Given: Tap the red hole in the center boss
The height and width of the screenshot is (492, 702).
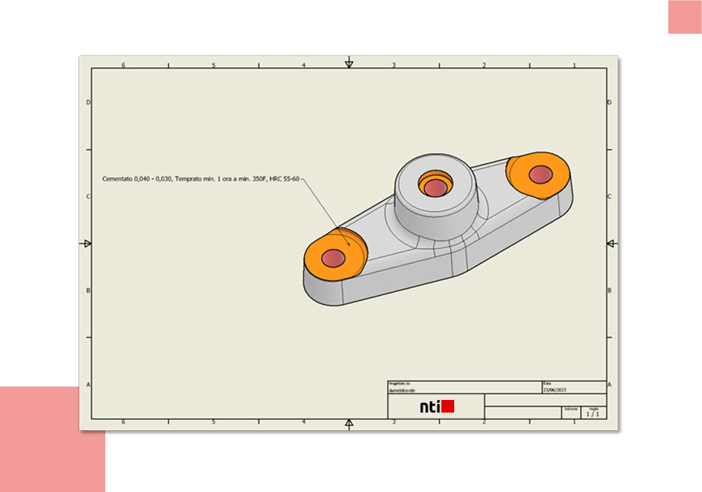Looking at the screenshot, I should point(435,187).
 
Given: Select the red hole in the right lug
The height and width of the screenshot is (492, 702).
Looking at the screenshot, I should point(541,174).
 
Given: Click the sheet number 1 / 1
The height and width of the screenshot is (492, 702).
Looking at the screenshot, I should point(593,415).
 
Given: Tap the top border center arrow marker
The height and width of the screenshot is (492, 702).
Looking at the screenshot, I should point(349,64).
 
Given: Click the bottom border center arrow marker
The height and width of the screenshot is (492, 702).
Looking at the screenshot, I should point(349,423).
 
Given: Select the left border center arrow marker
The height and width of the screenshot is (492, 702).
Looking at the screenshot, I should point(86,244).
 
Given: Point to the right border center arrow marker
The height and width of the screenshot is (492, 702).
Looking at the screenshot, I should point(611,244).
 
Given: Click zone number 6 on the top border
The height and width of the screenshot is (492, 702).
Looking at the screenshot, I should point(124,65).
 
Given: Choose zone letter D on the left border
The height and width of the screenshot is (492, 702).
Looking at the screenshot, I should point(87,102).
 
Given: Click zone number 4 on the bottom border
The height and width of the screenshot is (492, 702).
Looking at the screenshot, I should point(303,422).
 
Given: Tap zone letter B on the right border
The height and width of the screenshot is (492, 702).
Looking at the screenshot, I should point(609,290).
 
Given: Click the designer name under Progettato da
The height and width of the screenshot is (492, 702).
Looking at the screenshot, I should point(403,389).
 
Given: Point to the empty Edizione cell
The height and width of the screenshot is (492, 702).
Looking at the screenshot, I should point(571,415).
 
